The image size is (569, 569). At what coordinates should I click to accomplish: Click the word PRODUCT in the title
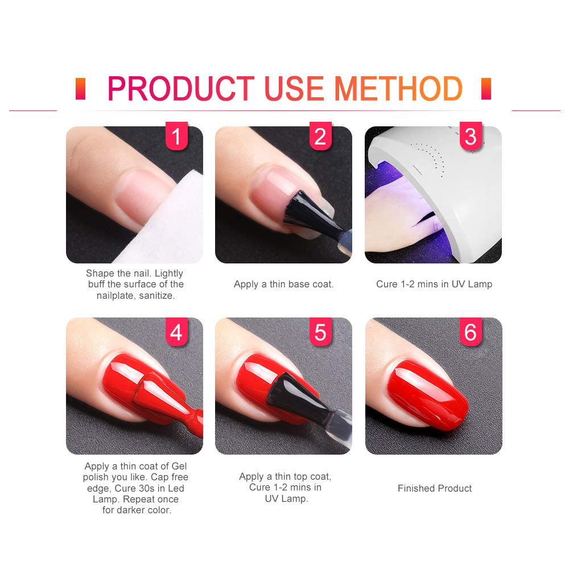[x=180, y=89]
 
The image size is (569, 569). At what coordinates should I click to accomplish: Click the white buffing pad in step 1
[x=171, y=228]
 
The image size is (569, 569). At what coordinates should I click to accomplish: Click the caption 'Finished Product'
[x=435, y=488]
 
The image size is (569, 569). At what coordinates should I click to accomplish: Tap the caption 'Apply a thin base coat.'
[x=283, y=284]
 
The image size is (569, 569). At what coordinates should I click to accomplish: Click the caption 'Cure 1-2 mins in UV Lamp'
[x=434, y=284]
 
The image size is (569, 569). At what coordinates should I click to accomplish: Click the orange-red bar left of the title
[x=80, y=89]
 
